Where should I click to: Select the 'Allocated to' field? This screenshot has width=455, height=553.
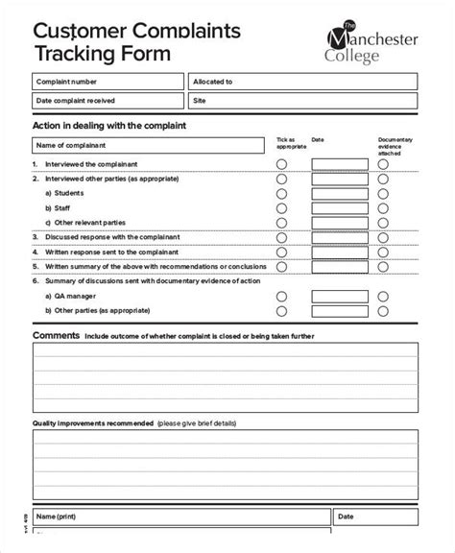pos(301,82)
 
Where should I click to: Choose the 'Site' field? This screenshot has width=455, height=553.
pos(301,100)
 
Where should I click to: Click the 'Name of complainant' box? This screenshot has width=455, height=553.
pos(149,145)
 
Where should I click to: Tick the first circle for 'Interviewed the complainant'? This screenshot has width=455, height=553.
pos(281,164)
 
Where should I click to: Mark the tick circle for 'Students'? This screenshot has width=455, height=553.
pos(281,193)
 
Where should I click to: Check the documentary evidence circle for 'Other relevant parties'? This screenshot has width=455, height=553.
pos(383,222)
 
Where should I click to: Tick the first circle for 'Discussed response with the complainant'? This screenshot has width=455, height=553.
pos(281,236)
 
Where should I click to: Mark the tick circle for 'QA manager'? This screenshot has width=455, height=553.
pos(281,297)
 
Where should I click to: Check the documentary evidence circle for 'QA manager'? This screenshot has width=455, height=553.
pos(383,297)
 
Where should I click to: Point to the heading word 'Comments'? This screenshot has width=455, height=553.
pos(56,336)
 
